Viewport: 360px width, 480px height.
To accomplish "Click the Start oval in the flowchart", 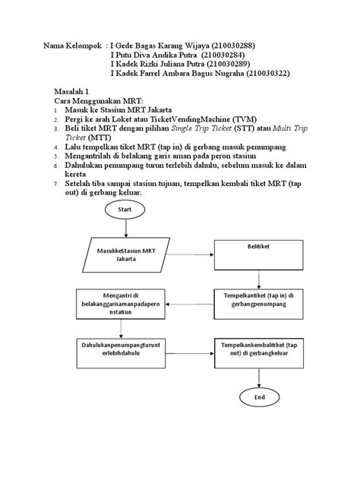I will (x=125, y=209).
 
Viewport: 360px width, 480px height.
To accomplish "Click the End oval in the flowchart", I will (x=259, y=396).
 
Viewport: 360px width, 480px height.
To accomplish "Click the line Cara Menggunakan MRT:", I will (x=96, y=100).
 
